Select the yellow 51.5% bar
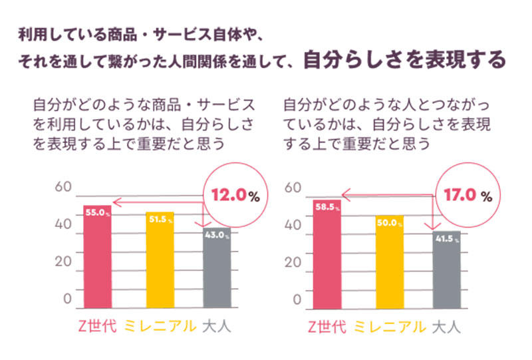pyautogui.click(x=160, y=260)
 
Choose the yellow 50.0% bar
pyautogui.click(x=389, y=262)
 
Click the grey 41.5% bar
pyautogui.click(x=446, y=270)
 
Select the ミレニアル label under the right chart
pyautogui.click(x=389, y=327)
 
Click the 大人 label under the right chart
pyautogui.click(x=446, y=327)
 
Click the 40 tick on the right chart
pyautogui.click(x=293, y=224)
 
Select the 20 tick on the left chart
pyautogui.click(x=63, y=261)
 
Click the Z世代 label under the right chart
pyautogui.click(x=327, y=327)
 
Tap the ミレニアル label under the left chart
pyautogui.click(x=160, y=327)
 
